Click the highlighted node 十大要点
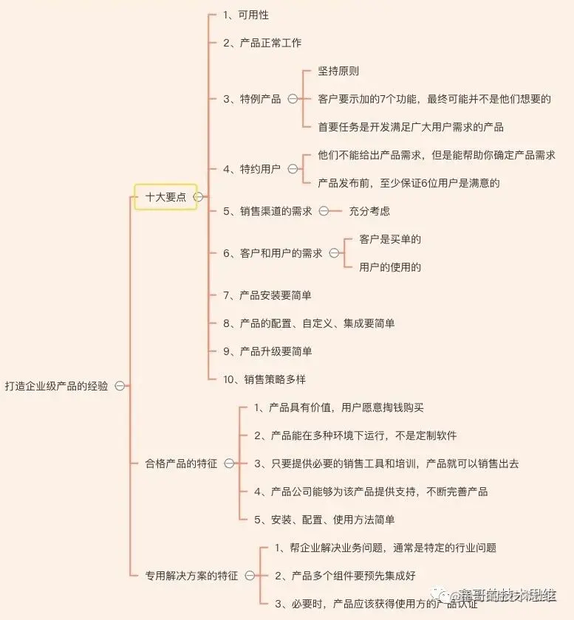[x=165, y=197]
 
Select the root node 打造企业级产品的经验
[x=56, y=386]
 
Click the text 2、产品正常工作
[x=262, y=43]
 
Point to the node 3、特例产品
[x=252, y=99]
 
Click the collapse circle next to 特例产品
[x=293, y=99]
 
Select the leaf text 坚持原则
[x=338, y=71]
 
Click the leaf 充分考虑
[x=369, y=211]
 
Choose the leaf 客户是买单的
[x=390, y=239]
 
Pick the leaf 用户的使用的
[x=390, y=267]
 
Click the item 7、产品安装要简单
[x=267, y=295]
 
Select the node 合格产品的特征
[x=181, y=464]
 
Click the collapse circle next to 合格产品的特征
[x=229, y=464]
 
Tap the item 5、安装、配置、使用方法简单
[x=324, y=520]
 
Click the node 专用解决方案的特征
[x=191, y=576]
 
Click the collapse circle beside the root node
[x=120, y=386]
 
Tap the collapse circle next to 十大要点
[x=199, y=197]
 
